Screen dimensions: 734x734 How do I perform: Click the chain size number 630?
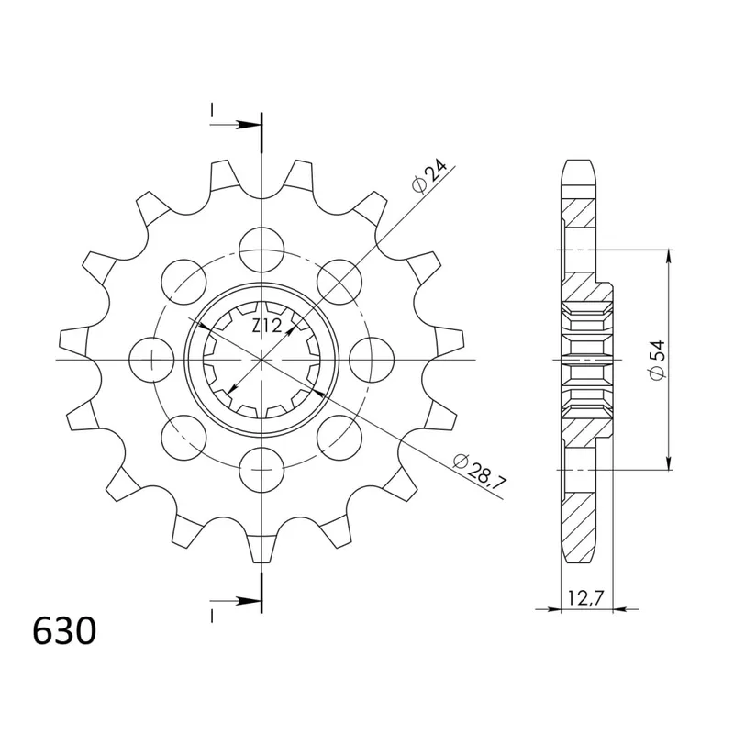pyautogui.click(x=64, y=631)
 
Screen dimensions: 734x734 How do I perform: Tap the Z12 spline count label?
pyautogui.click(x=267, y=325)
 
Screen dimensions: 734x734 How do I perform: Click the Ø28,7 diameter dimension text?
pyautogui.click(x=480, y=470)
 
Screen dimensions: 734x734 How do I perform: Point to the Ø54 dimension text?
pyautogui.click(x=657, y=360)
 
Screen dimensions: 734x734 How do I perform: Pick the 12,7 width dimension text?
pyautogui.click(x=584, y=598)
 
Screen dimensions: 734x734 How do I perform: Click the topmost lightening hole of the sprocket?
pyautogui.click(x=261, y=250)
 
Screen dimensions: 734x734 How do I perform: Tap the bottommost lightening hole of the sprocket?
pyautogui.click(x=261, y=469)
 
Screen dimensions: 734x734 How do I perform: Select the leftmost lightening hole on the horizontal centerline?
pyautogui.click(x=151, y=360)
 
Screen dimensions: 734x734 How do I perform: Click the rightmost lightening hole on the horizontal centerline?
pyautogui.click(x=372, y=360)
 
